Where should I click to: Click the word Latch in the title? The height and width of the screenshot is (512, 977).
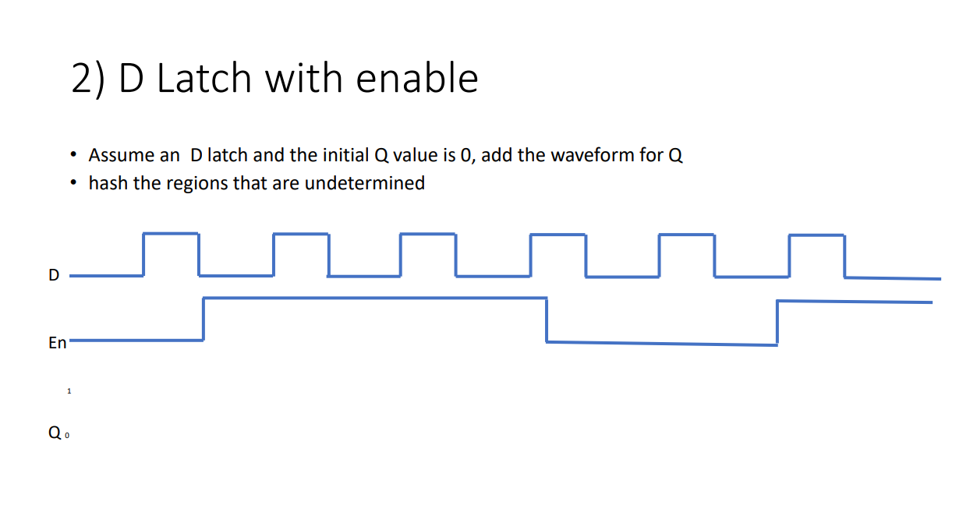click(204, 78)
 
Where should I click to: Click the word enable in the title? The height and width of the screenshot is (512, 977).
click(417, 78)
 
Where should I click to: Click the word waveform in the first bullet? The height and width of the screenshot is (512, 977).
click(587, 155)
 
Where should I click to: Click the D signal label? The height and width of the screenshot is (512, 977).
click(54, 275)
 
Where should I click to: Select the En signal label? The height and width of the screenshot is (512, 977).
click(58, 343)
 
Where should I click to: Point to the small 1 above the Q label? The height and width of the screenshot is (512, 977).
click(69, 391)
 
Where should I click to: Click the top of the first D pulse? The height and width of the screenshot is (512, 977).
click(171, 233)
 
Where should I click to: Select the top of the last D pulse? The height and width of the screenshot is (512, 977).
click(816, 235)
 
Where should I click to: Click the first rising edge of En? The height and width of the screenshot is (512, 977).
click(204, 318)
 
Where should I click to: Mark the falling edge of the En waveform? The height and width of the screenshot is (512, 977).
click(547, 320)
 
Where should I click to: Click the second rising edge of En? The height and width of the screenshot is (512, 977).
click(777, 323)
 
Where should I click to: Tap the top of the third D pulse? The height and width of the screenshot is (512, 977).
click(428, 234)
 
